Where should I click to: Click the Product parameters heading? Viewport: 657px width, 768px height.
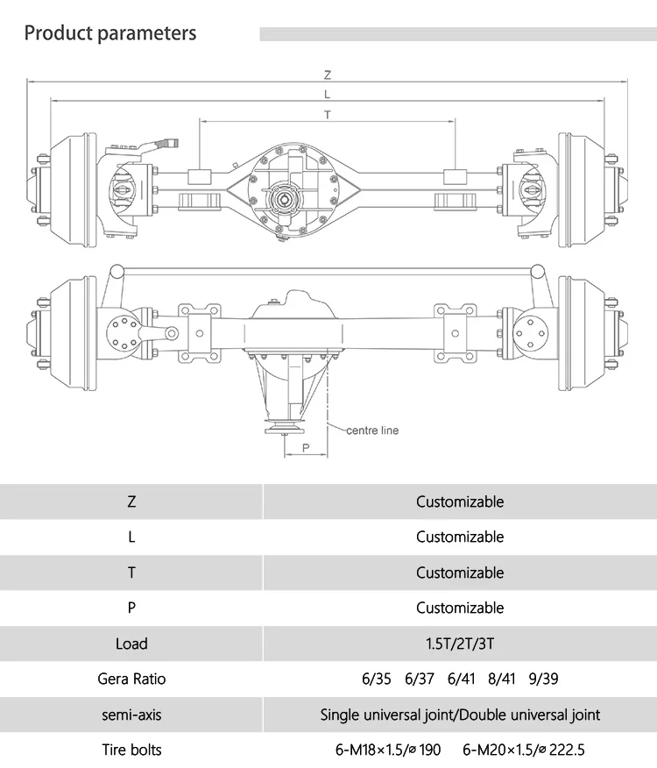[110, 34]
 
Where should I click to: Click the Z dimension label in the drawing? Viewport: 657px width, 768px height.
[328, 75]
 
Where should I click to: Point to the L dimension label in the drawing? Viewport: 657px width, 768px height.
[328, 94]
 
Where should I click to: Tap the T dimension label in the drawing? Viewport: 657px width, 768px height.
[328, 115]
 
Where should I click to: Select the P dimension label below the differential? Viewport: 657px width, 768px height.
[305, 447]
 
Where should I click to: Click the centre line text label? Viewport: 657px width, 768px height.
[372, 430]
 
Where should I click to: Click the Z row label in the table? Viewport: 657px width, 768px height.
[131, 502]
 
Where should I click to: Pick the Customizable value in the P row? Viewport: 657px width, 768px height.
[460, 608]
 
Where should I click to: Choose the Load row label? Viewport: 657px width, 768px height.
[131, 644]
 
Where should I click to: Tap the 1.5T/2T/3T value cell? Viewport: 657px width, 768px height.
[460, 644]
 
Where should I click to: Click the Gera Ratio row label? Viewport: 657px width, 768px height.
[131, 679]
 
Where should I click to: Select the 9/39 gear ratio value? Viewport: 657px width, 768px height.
[543, 679]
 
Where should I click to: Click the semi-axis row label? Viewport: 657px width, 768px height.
[131, 715]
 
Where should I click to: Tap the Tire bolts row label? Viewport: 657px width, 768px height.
[131, 750]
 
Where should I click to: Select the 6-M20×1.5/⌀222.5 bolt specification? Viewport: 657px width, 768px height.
[523, 750]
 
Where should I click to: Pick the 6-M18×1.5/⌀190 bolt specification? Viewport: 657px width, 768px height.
[387, 750]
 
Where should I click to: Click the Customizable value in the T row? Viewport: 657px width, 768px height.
[460, 572]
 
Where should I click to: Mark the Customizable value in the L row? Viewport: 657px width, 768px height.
[460, 537]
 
